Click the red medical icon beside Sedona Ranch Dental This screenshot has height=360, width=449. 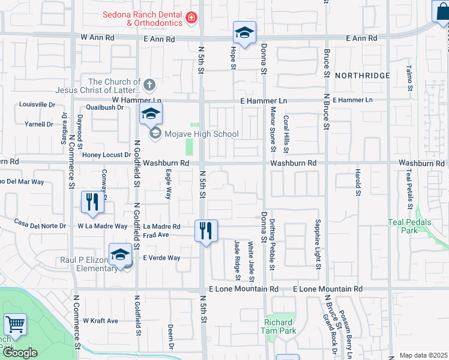(x=191, y=18)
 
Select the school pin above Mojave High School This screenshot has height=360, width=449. (x=151, y=113)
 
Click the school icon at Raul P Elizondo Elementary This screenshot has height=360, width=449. (x=120, y=254)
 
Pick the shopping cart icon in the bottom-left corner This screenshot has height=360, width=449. (x=15, y=325)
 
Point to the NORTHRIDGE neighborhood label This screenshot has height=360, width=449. (x=362, y=76)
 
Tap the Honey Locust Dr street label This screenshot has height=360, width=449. (x=106, y=155)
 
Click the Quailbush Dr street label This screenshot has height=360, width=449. (x=104, y=107)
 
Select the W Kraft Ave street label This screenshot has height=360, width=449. (x=100, y=321)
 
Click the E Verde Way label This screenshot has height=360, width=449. (x=161, y=257)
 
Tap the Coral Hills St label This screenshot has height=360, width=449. (x=287, y=134)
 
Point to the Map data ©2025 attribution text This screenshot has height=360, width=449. (x=423, y=355)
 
